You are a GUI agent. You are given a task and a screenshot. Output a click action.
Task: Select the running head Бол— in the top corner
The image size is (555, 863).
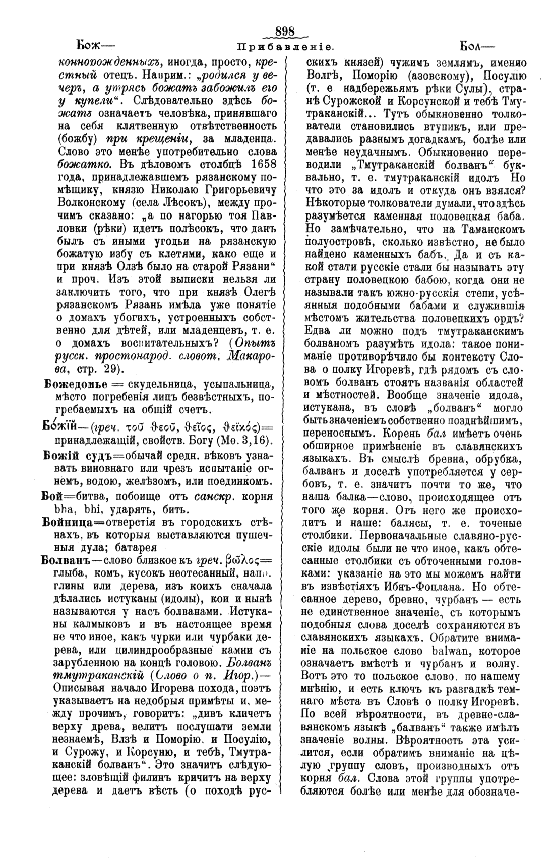[476, 46]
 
